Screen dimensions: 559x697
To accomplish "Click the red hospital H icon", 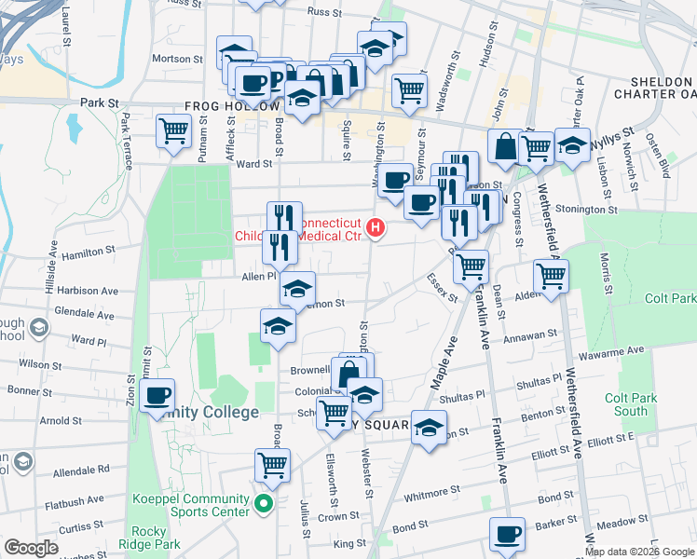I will click(x=376, y=226).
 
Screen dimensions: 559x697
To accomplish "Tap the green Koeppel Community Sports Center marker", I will click(x=264, y=507).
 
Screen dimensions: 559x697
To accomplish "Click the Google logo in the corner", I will click(x=31, y=548).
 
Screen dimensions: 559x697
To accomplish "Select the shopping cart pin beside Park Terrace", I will click(x=173, y=130).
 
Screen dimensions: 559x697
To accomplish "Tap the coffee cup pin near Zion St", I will click(x=157, y=395).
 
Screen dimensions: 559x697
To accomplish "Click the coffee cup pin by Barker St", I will click(x=507, y=534).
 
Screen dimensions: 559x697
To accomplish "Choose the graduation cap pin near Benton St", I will click(x=428, y=428).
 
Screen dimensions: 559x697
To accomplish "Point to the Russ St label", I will click(x=324, y=12).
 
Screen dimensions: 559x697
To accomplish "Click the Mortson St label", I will click(x=177, y=58).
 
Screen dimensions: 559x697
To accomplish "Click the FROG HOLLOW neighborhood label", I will click(x=231, y=106).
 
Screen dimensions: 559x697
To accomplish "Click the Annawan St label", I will click(x=530, y=333).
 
